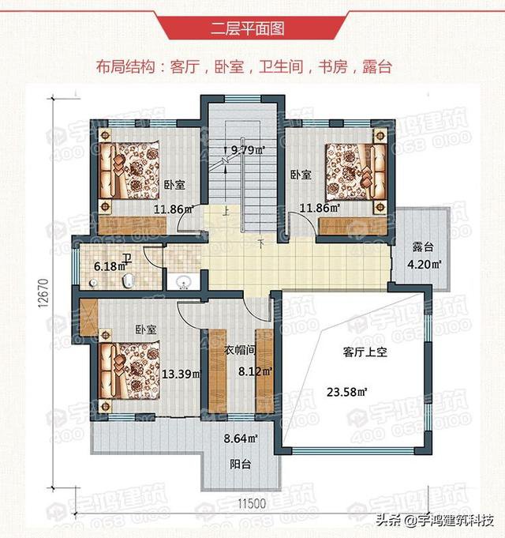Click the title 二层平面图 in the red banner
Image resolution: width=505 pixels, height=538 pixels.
click(252, 30)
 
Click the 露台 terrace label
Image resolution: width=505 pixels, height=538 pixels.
click(423, 246)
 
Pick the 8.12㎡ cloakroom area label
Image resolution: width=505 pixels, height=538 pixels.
click(256, 370)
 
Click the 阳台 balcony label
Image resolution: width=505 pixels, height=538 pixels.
click(241, 465)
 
